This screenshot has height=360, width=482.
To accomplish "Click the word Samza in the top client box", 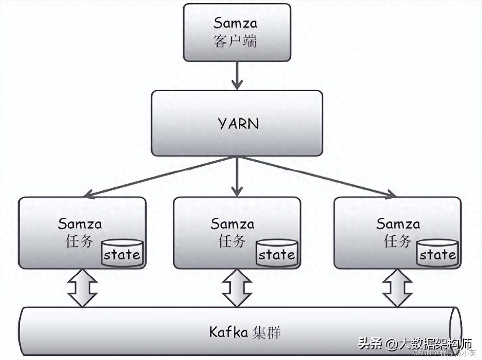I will coord(235,23).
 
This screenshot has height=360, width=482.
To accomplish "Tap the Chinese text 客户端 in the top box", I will coord(235,41).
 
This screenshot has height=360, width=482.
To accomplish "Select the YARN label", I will coord(238,124).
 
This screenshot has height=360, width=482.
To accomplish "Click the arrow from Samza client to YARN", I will coord(237,75).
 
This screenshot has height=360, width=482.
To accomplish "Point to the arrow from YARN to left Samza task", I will coord(161,177).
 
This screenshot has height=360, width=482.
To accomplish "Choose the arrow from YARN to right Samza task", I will coord(317,177).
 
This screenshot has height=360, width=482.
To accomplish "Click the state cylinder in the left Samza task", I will coord(122,253).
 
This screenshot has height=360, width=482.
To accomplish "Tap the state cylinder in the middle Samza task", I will coord(277,253).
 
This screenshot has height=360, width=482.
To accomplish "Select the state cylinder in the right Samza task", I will coord(437,253).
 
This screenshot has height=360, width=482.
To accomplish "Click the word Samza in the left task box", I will coord(79,224).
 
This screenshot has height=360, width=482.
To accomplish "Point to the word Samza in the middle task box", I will coord(232,224).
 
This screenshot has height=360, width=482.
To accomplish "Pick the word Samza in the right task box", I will coord(398,224).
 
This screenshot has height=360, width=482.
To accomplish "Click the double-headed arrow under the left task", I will coord(82,288).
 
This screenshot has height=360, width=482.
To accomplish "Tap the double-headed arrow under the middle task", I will coord(237,288).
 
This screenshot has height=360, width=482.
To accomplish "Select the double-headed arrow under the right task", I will coord(397,288).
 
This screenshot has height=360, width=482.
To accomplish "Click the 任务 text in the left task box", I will coord(79,241).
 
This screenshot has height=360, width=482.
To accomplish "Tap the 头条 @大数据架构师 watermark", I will coord(415,344).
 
